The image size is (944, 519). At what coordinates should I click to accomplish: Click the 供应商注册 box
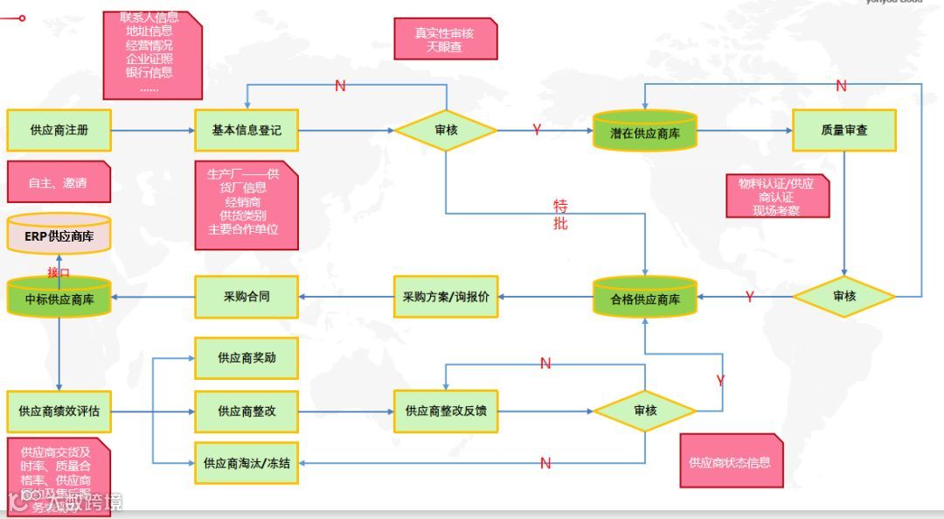point(59,130)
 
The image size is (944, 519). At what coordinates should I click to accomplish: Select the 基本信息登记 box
point(246,130)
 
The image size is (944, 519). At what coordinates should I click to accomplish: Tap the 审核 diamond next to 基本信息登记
point(446,130)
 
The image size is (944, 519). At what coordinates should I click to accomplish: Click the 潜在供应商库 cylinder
point(645,132)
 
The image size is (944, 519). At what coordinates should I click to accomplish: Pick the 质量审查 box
point(844,130)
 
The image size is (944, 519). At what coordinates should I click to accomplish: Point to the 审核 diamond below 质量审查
point(844,297)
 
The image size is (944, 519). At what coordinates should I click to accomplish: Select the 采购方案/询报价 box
point(446,297)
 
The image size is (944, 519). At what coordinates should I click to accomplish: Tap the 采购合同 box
point(246,297)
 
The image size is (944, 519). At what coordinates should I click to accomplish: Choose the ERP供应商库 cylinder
point(59,234)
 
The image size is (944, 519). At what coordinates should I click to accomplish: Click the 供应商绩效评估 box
point(59,411)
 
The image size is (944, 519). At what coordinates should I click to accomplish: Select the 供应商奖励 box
point(246,358)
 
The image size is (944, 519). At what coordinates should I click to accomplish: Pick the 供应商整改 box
point(246,411)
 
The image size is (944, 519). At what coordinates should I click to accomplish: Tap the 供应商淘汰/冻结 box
point(246,464)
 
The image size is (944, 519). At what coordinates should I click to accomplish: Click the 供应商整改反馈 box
point(446,411)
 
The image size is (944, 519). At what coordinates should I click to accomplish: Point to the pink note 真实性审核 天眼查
point(446,39)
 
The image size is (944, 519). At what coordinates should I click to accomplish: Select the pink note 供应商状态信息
point(731,461)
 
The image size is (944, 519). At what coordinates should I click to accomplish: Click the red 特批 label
point(560,214)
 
